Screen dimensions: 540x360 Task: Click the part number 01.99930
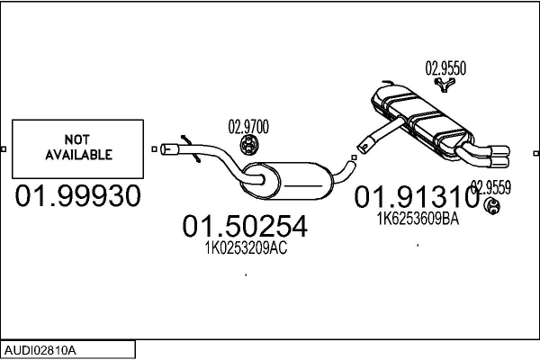click(77, 195)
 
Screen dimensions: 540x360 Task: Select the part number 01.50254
click(245, 226)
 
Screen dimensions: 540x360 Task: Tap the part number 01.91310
click(417, 197)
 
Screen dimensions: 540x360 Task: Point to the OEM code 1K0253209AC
click(246, 247)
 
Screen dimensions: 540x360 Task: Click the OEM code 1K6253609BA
click(418, 219)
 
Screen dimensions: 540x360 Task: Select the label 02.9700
click(248, 127)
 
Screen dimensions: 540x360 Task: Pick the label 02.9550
click(445, 68)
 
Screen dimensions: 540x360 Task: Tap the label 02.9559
click(490, 188)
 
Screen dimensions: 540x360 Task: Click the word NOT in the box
click(77, 139)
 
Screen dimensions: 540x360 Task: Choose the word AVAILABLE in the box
click(79, 155)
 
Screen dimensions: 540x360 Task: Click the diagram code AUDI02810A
click(40, 351)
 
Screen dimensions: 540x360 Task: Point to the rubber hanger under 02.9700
click(248, 145)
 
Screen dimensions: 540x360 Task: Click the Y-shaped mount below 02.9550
click(445, 85)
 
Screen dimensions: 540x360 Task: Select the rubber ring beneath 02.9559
click(492, 207)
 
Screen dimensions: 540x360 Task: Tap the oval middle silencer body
click(287, 181)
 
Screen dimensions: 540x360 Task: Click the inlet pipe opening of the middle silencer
click(166, 149)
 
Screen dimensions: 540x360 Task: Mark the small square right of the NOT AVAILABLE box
click(154, 149)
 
